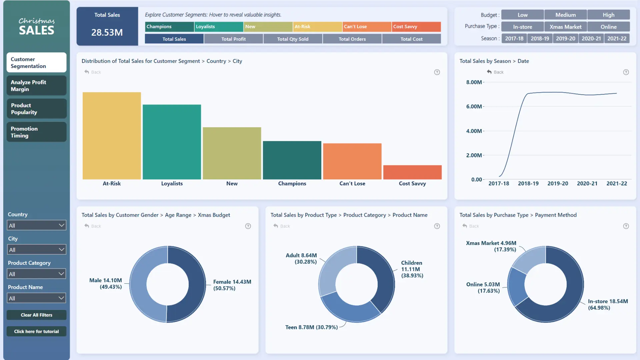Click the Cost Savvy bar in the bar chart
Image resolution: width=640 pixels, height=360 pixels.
(x=412, y=172)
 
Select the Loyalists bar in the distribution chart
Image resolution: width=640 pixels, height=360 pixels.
(x=172, y=142)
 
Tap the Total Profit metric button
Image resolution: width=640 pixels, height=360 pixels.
(x=233, y=39)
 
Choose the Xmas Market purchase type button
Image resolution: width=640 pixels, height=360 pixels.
(x=565, y=27)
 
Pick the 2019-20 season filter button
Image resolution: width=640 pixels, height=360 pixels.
(x=565, y=39)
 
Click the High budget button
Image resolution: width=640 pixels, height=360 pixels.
(x=608, y=15)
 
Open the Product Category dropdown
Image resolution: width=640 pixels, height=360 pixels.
(x=36, y=274)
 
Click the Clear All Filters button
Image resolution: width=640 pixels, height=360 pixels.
(x=36, y=315)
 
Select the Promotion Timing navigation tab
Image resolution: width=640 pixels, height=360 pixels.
(x=36, y=132)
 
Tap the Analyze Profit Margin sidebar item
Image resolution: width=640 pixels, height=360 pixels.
(x=36, y=86)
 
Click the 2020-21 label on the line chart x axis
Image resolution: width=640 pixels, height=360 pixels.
(x=587, y=184)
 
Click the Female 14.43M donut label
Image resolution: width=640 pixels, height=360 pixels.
(x=232, y=285)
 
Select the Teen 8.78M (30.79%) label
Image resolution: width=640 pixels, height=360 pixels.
(x=311, y=327)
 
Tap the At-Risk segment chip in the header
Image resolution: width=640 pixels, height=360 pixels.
(x=317, y=27)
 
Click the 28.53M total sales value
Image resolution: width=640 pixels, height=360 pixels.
(x=107, y=32)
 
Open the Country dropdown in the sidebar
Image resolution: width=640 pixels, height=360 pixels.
(x=36, y=226)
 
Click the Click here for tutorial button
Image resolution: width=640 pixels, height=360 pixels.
(x=36, y=331)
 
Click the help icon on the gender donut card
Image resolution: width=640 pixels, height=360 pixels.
(x=248, y=226)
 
